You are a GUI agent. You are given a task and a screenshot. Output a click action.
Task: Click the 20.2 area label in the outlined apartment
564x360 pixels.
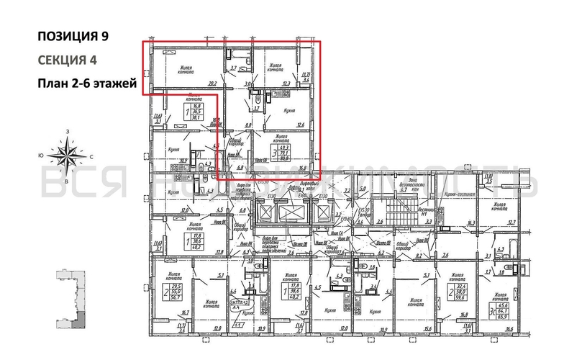pos(212,83)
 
